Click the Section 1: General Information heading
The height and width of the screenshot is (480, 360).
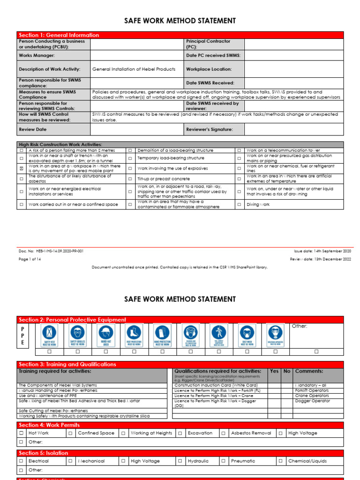[59, 35]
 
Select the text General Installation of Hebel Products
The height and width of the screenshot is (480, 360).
[134, 69]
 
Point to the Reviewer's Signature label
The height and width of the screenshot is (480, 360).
[209, 129]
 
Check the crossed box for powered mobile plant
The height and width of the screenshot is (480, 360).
[22, 168]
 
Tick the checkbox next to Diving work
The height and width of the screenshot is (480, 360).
[239, 205]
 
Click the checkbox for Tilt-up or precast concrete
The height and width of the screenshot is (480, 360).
[130, 179]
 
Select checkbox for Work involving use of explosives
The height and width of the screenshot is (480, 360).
[130, 168]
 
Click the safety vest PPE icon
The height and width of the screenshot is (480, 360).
[49, 335]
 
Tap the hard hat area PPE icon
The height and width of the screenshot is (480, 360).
[105, 335]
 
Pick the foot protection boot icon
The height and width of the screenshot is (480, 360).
[134, 335]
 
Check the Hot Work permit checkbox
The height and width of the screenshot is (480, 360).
[22, 434]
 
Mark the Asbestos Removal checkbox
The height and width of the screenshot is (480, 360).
[224, 434]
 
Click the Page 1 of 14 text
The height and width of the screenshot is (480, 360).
[30, 259]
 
